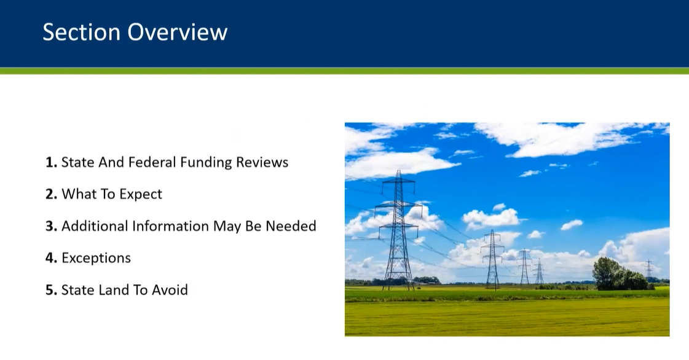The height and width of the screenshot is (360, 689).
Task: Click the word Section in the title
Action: click(81, 32)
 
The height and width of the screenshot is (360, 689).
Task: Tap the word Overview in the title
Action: click(178, 32)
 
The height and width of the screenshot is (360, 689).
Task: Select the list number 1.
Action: click(51, 162)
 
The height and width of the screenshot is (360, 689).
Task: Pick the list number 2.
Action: click(51, 194)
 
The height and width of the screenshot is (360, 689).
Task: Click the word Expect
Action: click(141, 194)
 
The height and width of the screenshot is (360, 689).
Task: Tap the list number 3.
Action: click(51, 226)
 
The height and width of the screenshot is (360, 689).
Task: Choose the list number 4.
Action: click(51, 257)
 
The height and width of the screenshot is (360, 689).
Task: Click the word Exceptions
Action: click(96, 257)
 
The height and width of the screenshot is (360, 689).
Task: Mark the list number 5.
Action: click(51, 290)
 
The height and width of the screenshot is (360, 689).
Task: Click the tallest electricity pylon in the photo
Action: click(398, 230)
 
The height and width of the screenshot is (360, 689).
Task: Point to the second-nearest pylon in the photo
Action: click(492, 259)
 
